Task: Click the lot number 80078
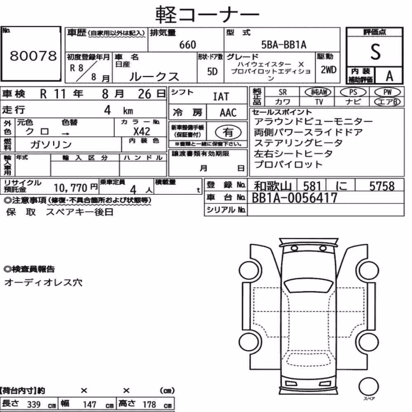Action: pyautogui.click(x=33, y=56)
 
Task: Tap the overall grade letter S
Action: pyautogui.click(x=375, y=52)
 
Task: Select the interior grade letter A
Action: pyautogui.click(x=389, y=76)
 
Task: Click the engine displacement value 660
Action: pyautogui.click(x=187, y=44)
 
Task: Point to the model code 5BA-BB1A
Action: pyautogui.click(x=284, y=44)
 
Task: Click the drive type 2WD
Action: pyautogui.click(x=328, y=70)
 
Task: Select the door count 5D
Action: pyautogui.click(x=212, y=71)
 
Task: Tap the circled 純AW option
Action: pyautogui.click(x=318, y=92)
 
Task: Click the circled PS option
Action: pyautogui.click(x=353, y=92)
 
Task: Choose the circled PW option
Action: pyautogui.click(x=387, y=92)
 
